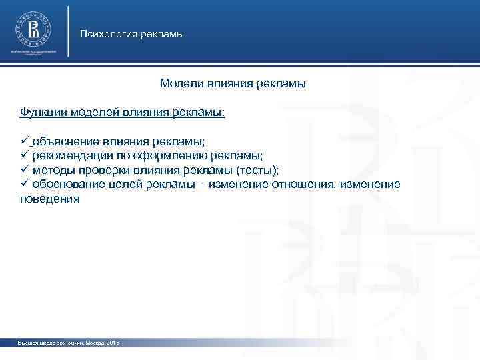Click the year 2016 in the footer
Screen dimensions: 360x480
[x=112, y=342]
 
